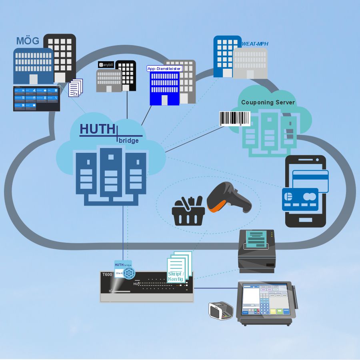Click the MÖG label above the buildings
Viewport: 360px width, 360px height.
click(x=28, y=41)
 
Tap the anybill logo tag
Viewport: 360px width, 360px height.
click(x=106, y=64)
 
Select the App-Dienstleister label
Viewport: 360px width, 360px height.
click(x=164, y=68)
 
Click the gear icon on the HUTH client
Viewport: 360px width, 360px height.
click(x=129, y=273)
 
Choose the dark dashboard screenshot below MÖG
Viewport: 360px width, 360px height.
click(x=36, y=98)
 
